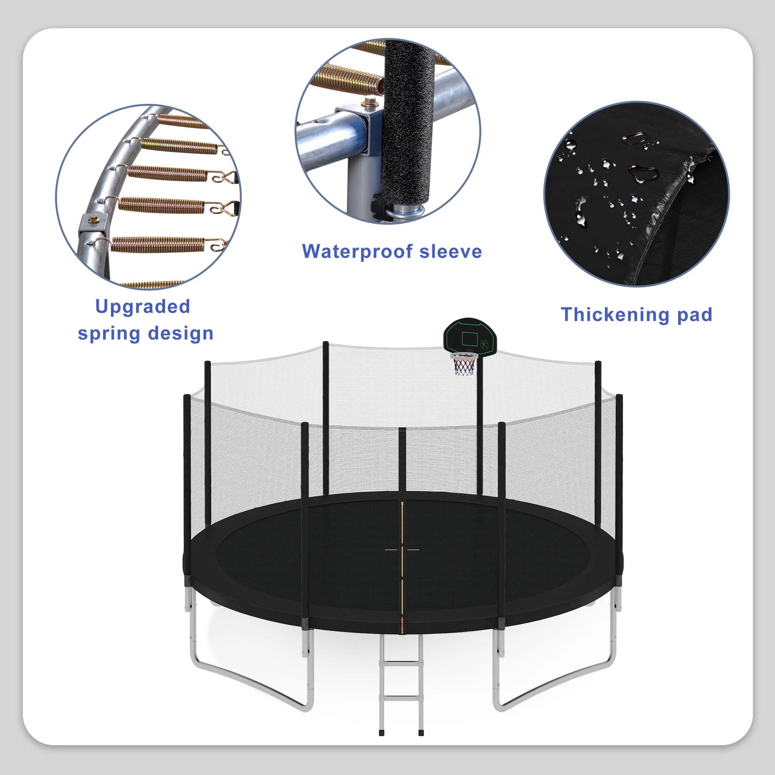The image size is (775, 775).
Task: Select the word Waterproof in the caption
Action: (357, 251)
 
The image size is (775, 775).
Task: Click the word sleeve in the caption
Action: (451, 251)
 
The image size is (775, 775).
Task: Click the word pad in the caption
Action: (695, 315)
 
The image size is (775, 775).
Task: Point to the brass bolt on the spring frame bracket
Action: (93, 219)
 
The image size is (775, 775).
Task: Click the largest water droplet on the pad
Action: (643, 174)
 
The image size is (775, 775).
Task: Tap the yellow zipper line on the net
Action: (402, 561)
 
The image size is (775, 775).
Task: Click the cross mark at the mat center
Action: (402, 549)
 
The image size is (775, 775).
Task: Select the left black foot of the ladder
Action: (381, 733)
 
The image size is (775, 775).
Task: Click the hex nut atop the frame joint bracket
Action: (366, 103)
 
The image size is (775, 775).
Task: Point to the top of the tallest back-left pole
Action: (325, 343)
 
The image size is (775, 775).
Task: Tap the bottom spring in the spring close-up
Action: (158, 244)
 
